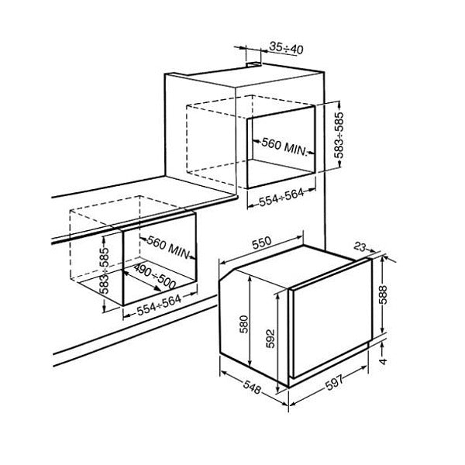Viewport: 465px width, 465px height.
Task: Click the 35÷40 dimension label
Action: [286, 48]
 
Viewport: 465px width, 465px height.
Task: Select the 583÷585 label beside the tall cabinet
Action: [339, 135]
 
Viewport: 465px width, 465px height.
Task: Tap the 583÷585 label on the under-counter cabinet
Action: [105, 270]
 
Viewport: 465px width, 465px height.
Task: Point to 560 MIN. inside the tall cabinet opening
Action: [284, 146]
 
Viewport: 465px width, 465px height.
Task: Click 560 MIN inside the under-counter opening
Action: [168, 247]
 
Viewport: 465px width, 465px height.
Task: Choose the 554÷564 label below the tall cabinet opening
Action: [282, 197]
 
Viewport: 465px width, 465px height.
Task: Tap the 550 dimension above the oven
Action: [262, 243]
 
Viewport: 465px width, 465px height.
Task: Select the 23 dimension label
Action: [360, 246]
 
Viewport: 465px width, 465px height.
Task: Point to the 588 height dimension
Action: [383, 294]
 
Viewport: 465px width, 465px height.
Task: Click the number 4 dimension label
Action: [384, 361]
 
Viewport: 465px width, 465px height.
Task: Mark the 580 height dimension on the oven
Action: [244, 324]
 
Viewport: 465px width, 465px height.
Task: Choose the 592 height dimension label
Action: [270, 339]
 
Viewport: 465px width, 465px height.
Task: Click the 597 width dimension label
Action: [334, 383]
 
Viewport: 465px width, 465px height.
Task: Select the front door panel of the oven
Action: [332, 319]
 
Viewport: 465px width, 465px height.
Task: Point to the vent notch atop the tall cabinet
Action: [254, 64]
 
